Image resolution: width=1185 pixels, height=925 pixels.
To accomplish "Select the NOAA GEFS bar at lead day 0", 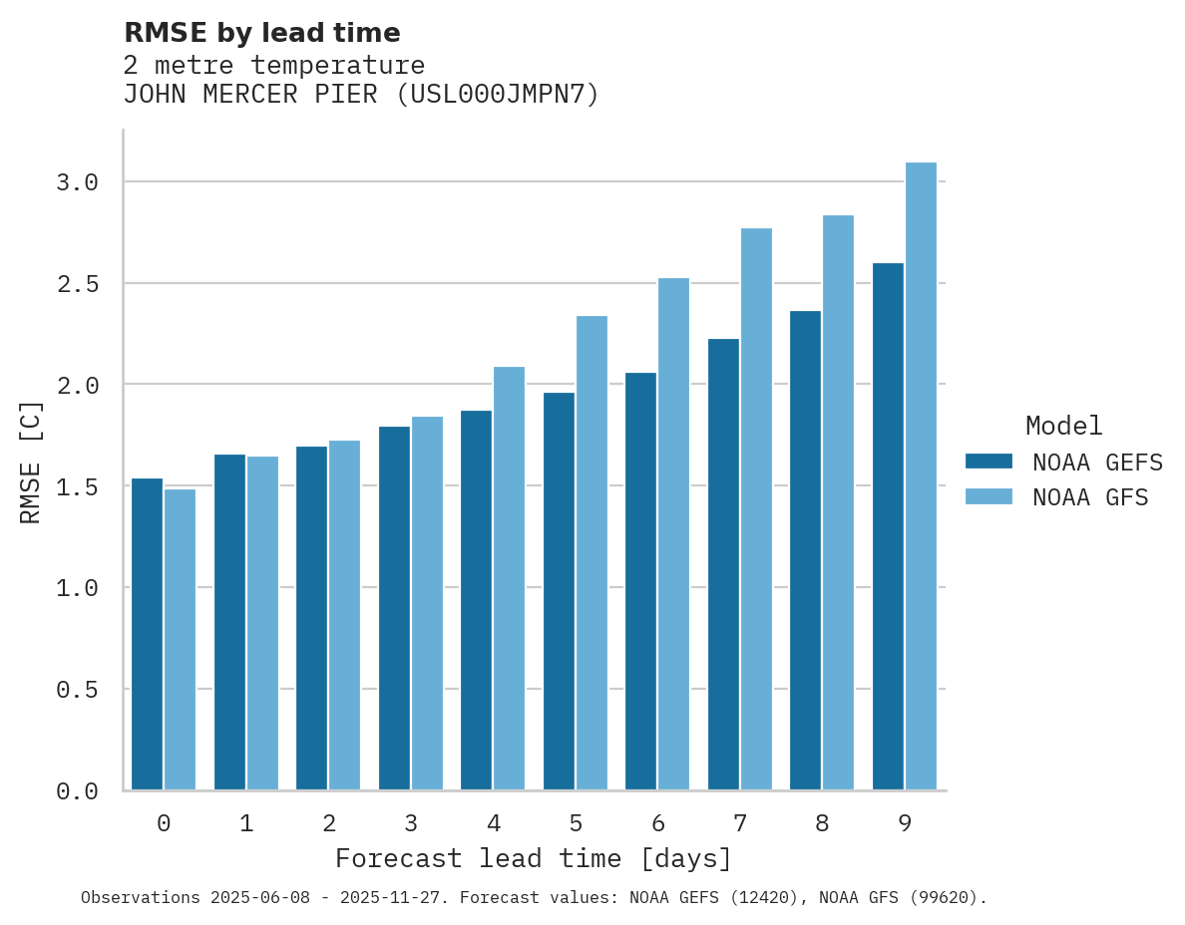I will point(147,634).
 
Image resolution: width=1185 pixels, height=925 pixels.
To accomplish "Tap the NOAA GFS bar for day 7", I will point(756,509).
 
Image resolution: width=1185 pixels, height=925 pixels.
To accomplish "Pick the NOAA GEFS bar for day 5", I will point(559,591).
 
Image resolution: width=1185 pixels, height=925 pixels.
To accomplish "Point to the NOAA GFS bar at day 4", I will point(509,578).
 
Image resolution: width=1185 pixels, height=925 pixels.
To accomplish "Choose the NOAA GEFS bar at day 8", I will point(805,550).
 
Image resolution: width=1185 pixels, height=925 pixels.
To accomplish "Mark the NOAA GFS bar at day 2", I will point(344,615).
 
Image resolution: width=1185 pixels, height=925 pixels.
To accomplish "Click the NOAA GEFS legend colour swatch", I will point(988,462).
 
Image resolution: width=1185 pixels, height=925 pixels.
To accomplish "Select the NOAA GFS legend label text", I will point(1090,497).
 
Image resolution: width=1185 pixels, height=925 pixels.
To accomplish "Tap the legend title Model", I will point(1063,426).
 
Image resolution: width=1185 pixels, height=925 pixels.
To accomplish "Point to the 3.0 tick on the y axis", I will point(77,182).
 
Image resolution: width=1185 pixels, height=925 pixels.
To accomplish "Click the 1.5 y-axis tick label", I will point(77,486).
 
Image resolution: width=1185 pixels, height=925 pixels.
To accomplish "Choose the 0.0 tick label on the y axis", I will point(77,791).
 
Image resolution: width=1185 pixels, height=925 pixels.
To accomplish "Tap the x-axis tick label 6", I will point(657,823).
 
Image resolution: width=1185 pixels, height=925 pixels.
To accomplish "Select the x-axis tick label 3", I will point(411,823).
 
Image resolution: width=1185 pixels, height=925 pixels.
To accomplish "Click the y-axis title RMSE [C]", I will point(31,462).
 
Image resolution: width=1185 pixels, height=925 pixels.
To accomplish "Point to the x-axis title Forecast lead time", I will point(534,858).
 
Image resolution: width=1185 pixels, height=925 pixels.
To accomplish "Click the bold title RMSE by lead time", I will point(261,33).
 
